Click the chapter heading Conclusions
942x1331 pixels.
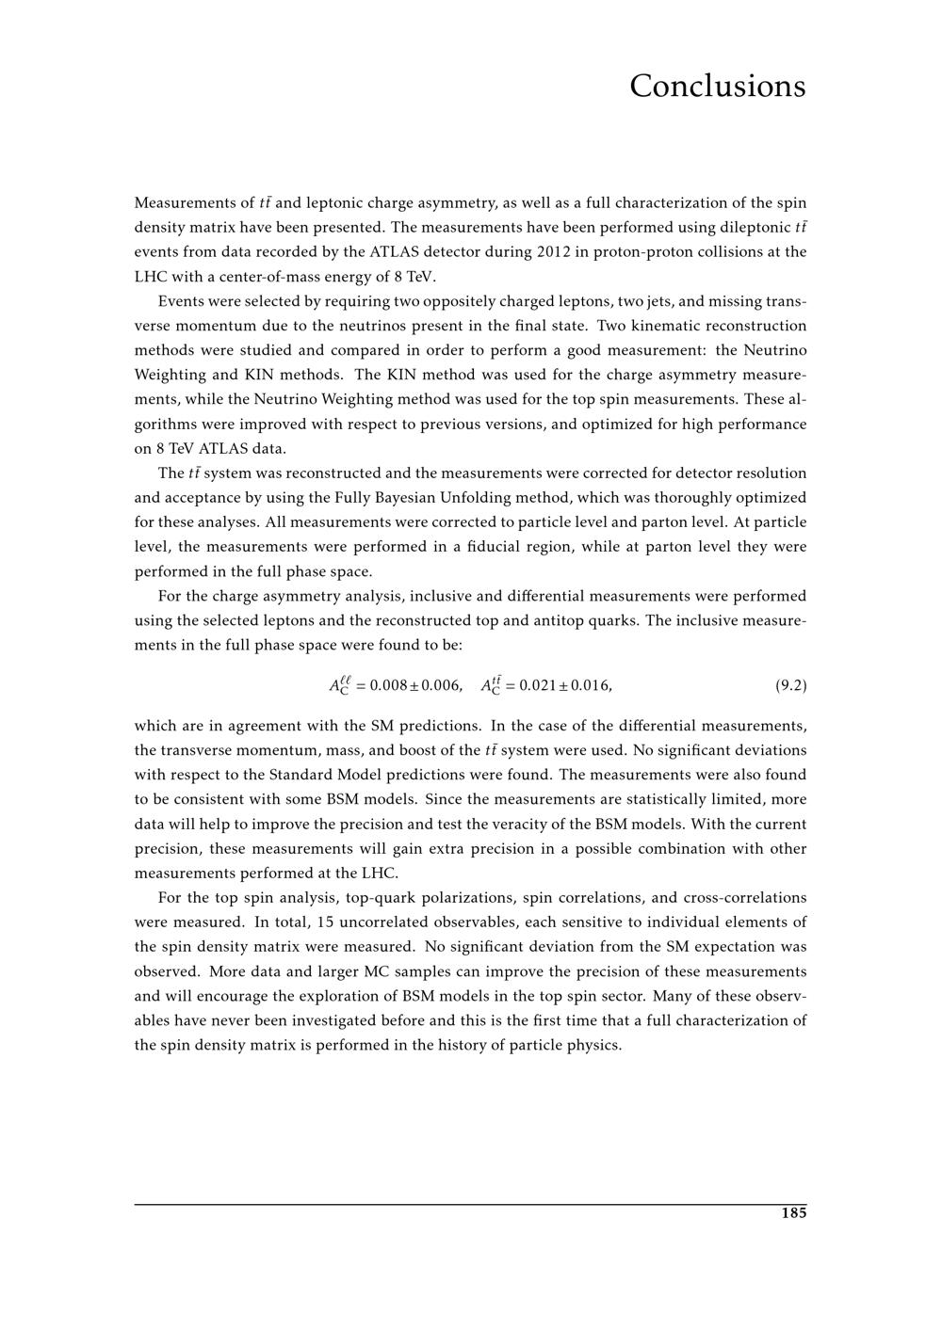click(717, 86)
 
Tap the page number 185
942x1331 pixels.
click(793, 1213)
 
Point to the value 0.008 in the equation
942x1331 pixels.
click(389, 685)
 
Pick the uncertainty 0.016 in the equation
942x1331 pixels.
click(589, 685)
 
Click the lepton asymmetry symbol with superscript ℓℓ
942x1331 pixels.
click(339, 685)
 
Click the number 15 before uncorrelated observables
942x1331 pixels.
click(316, 922)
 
